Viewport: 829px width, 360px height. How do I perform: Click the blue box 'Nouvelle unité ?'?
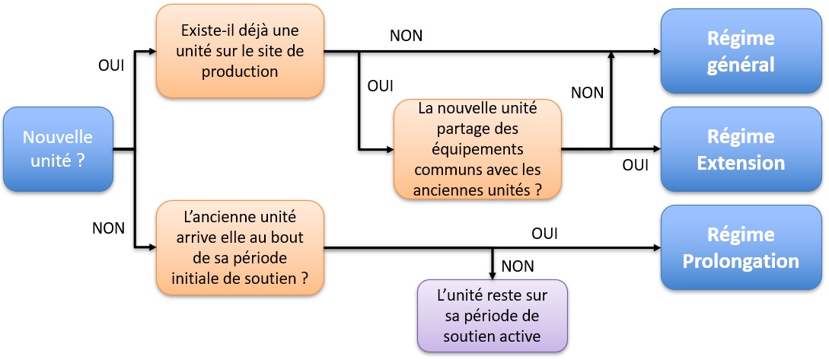[58, 149]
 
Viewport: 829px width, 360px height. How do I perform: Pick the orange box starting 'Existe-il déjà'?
[240, 52]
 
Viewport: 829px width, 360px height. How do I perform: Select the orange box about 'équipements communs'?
[477, 149]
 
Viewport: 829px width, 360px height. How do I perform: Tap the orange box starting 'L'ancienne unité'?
[240, 247]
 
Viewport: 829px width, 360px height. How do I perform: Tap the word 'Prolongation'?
[741, 261]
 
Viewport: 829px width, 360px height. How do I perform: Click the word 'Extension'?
[741, 163]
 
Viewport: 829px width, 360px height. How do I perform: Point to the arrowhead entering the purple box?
[493, 275]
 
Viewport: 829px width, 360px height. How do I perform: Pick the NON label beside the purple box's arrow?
[518, 266]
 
